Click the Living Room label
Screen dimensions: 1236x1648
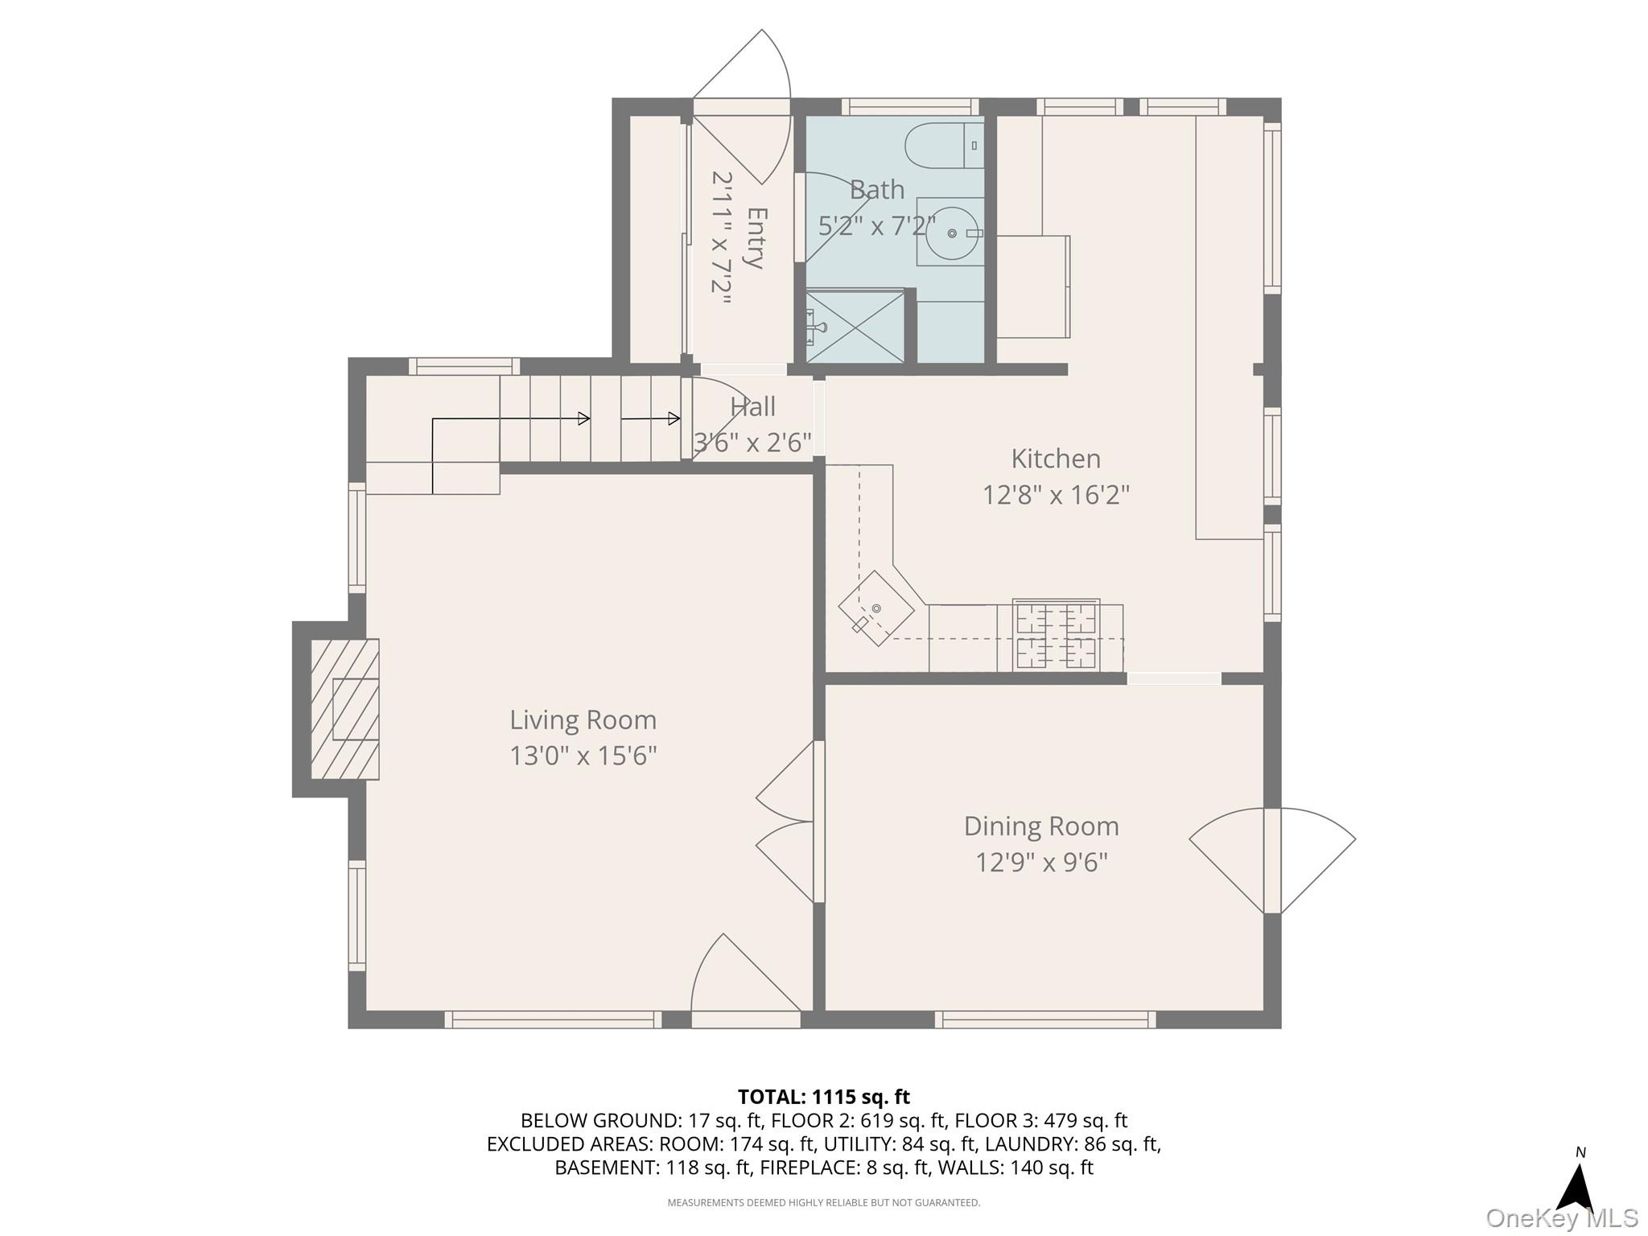click(583, 719)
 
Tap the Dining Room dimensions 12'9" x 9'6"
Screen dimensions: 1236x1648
click(1041, 863)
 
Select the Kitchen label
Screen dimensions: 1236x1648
click(1056, 459)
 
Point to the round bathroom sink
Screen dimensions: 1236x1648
click(951, 233)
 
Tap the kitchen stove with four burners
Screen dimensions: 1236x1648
click(1057, 636)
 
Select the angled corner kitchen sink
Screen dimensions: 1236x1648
click(875, 608)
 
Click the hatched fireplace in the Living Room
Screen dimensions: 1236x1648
click(345, 709)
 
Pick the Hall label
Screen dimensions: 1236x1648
click(752, 407)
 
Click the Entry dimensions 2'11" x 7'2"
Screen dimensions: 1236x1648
click(721, 238)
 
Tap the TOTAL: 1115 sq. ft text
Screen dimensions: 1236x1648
click(823, 1097)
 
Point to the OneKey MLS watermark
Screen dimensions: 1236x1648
click(1561, 1218)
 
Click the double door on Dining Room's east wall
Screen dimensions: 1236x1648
click(1271, 861)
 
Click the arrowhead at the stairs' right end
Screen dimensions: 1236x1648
click(674, 418)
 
